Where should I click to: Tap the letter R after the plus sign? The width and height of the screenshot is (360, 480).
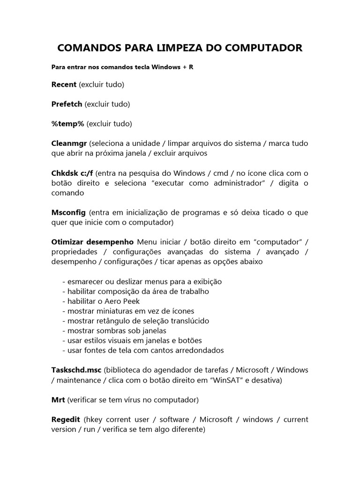pyautogui.click(x=191, y=67)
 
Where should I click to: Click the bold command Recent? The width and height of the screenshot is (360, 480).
pyautogui.click(x=64, y=84)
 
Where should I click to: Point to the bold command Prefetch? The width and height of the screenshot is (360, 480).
pyautogui.click(x=67, y=104)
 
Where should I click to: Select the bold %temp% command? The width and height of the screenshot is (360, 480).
pyautogui.click(x=67, y=124)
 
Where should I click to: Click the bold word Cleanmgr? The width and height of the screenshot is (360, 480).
pyautogui.click(x=69, y=143)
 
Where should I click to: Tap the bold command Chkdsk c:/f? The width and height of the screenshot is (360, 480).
pyautogui.click(x=72, y=173)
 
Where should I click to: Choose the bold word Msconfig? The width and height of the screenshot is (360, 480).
pyautogui.click(x=68, y=212)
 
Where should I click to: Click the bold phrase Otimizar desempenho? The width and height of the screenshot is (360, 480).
pyautogui.click(x=92, y=242)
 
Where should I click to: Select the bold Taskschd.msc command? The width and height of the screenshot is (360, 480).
pyautogui.click(x=76, y=370)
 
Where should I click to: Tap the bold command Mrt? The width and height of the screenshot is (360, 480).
pyautogui.click(x=58, y=400)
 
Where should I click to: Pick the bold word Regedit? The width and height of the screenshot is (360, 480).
pyautogui.click(x=66, y=419)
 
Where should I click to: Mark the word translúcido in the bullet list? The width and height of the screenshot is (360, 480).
pyautogui.click(x=187, y=321)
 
